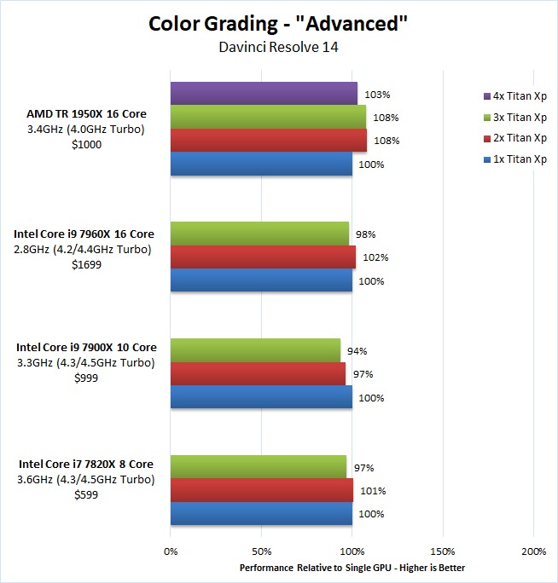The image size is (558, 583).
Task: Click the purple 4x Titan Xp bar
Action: [x=264, y=93]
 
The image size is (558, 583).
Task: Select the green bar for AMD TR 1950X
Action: [x=268, y=117]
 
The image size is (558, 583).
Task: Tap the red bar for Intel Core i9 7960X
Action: [x=263, y=257]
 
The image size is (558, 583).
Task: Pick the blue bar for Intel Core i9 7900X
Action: [x=261, y=397]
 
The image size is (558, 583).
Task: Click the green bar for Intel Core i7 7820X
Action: [x=259, y=467]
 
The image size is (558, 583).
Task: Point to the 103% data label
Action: [x=374, y=95]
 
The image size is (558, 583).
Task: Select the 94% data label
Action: [x=357, y=350]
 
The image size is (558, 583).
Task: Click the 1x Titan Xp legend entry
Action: [x=514, y=159]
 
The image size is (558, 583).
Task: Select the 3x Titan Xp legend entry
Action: [x=514, y=116]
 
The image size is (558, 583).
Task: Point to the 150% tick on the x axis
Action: [x=443, y=551]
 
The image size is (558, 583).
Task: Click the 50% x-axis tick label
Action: [x=261, y=551]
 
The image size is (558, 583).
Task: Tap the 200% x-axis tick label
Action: [x=533, y=551]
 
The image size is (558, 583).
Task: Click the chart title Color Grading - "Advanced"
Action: [x=278, y=23]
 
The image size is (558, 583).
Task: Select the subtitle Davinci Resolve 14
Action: [x=278, y=48]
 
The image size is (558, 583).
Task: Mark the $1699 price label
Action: [x=84, y=264]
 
